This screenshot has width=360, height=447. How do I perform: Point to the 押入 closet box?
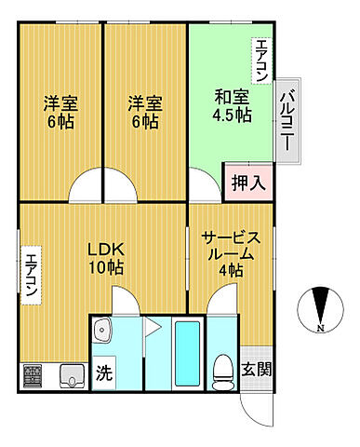point(248,182)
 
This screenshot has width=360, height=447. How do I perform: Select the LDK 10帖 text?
point(106,259)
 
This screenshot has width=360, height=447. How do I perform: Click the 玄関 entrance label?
point(258,370)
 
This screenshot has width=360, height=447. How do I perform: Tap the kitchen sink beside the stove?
point(71,376)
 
